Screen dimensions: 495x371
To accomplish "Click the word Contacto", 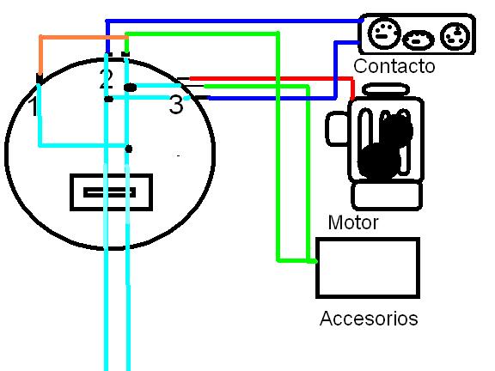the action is (394, 66).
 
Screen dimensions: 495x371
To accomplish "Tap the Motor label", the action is (353, 222).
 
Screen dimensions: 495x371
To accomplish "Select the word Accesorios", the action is (369, 318).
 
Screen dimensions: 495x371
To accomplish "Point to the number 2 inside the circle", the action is (106, 79).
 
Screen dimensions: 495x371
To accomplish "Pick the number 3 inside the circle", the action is (176, 104).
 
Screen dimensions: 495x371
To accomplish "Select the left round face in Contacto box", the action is (384, 33).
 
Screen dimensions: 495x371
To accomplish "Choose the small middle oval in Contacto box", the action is (419, 40).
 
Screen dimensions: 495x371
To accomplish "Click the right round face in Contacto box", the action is (455, 36).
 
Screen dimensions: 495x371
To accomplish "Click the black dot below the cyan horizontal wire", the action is (129, 149).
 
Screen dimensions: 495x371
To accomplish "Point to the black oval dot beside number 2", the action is (130, 88).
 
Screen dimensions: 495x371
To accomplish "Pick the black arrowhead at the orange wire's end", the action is (40, 78).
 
